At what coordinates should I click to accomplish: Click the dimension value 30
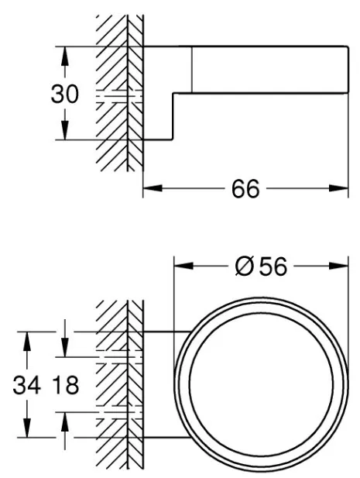[64, 94]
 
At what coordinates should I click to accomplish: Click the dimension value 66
[245, 189]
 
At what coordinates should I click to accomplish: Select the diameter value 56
[273, 267]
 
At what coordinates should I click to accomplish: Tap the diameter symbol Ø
[245, 267]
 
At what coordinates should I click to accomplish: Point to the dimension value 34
[27, 385]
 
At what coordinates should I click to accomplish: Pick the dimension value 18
[66, 385]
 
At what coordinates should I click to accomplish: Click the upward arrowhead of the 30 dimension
[64, 56]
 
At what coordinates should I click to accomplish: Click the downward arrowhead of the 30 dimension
[64, 130]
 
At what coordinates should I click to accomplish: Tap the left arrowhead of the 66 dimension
[153, 188]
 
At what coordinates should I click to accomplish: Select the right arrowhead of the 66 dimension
[338, 188]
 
